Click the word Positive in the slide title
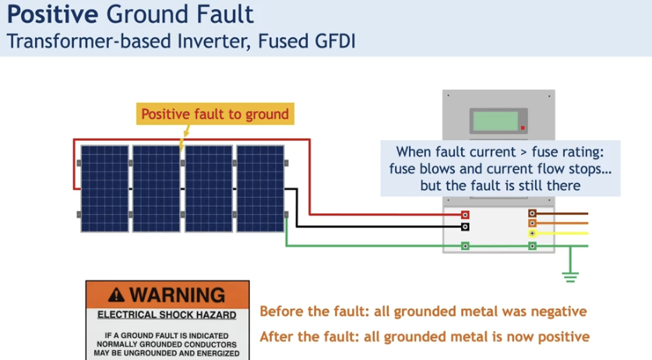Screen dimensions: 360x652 pyautogui.click(x=48, y=14)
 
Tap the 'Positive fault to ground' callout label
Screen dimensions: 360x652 pyautogui.click(x=214, y=114)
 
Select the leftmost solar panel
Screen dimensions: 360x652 pyautogui.click(x=104, y=189)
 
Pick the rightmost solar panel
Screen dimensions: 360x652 pyautogui.click(x=261, y=189)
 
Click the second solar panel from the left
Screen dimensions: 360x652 pyautogui.click(x=157, y=189)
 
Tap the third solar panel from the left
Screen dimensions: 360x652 pyautogui.click(x=209, y=189)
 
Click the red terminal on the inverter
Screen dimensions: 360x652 pyautogui.click(x=465, y=214)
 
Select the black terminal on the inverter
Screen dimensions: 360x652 pyautogui.click(x=465, y=227)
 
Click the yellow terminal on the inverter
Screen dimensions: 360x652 pyautogui.click(x=532, y=233)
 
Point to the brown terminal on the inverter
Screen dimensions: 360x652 pyautogui.click(x=532, y=213)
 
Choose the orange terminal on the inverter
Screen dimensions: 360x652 pyautogui.click(x=532, y=223)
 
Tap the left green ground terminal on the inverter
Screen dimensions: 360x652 pyautogui.click(x=465, y=246)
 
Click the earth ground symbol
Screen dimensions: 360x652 pyautogui.click(x=570, y=274)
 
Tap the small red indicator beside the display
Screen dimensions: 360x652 pyautogui.click(x=523, y=128)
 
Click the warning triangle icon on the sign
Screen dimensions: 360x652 pyautogui.click(x=117, y=295)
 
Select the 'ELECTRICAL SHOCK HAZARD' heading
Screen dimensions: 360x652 pyautogui.click(x=167, y=316)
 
